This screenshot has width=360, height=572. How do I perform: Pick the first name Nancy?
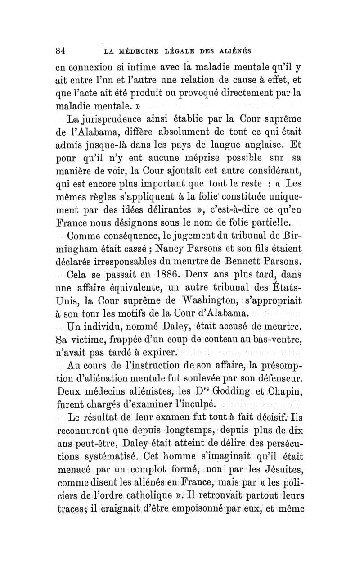coord(186,248)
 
